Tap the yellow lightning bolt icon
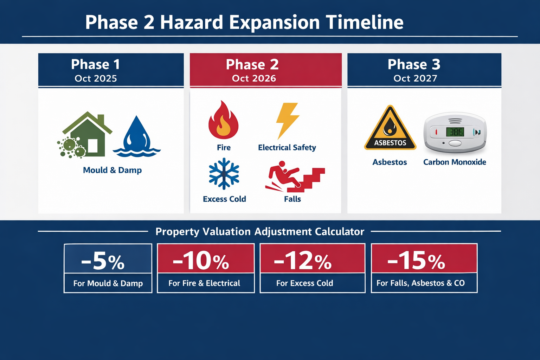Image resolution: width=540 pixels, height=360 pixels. point(287,120)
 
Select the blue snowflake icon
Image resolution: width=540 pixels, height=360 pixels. point(224,174)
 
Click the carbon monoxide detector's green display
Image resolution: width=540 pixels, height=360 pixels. point(455,132)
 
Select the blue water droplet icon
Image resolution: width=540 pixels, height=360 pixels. point(137,136)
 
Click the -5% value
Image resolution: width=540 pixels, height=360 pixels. point(103,261)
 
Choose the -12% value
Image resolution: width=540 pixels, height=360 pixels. point(303,261)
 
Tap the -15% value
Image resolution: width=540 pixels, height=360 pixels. point(416,261)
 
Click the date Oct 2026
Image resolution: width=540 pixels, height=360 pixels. point(254,78)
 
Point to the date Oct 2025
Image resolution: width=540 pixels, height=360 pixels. point(96,78)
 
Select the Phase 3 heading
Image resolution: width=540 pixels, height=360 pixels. point(414,64)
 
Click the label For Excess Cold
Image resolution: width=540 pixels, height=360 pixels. point(304,283)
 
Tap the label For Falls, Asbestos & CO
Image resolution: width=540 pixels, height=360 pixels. point(420,283)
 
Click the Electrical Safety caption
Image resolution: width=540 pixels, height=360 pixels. point(287,148)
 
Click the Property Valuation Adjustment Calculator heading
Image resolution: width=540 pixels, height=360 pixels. point(260,232)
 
